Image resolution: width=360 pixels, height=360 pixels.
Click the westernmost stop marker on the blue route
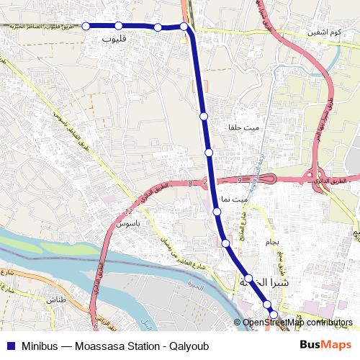(86, 26)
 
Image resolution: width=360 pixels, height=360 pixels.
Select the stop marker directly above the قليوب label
(119, 26)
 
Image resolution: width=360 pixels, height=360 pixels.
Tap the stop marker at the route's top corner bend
(184, 27)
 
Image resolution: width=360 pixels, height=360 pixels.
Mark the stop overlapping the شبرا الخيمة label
(248, 278)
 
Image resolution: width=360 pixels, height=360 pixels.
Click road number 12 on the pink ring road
(129, 212)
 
